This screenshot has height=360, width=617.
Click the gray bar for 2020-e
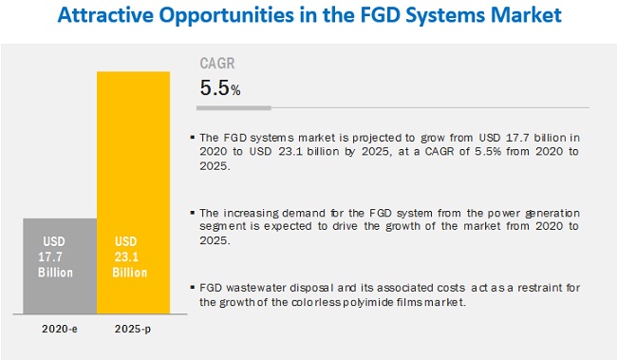[x=60, y=266]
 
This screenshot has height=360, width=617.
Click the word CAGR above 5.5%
[x=216, y=66]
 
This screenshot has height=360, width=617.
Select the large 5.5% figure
[x=219, y=89]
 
